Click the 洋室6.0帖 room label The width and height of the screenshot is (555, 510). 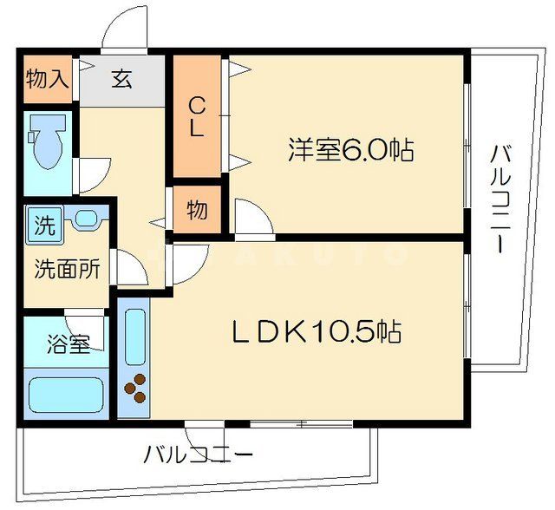coord(350,151)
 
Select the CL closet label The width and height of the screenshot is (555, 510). coord(197,116)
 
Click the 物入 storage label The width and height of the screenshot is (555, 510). coord(48,81)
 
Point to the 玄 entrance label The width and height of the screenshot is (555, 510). coord(121,80)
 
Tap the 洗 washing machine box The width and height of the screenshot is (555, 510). coord(43,226)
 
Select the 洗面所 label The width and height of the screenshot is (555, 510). coord(67,268)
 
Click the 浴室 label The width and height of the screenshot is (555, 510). coord(69,343)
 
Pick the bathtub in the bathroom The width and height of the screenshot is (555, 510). coord(67,394)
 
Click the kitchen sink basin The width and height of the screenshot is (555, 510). coord(135,337)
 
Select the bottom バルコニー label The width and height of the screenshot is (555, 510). coord(199,454)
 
